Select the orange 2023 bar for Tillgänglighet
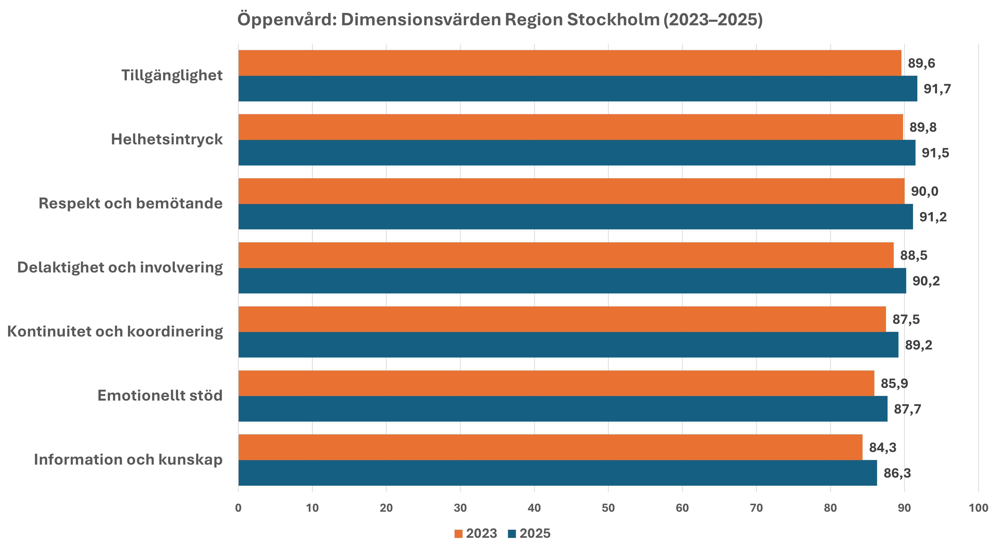pyautogui.click(x=570, y=63)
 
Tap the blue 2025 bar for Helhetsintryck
pyautogui.click(x=576, y=152)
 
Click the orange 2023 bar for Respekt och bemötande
pyautogui.click(x=571, y=191)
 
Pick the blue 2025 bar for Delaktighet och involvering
pyautogui.click(x=572, y=281)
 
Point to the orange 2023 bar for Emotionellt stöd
pyautogui.click(x=556, y=383)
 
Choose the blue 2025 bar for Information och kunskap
pyautogui.click(x=557, y=473)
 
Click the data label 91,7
pyautogui.click(x=937, y=89)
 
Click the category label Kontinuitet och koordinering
pyautogui.click(x=115, y=332)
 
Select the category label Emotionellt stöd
pyautogui.click(x=160, y=396)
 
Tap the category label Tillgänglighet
pyautogui.click(x=172, y=75)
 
